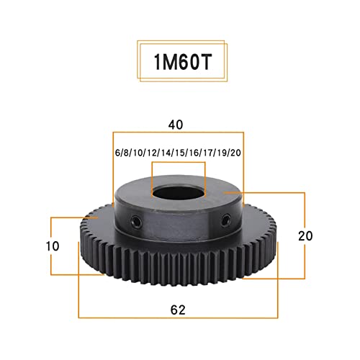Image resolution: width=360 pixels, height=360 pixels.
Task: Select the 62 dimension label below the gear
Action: [179, 310]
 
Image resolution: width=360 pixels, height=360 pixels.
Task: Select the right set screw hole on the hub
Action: [225, 219]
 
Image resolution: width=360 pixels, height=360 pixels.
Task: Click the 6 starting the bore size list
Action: [117, 153]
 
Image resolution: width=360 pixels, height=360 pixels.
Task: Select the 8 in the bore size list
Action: [124, 153]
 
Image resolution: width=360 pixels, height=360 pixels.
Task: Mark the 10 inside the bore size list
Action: [135, 153]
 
